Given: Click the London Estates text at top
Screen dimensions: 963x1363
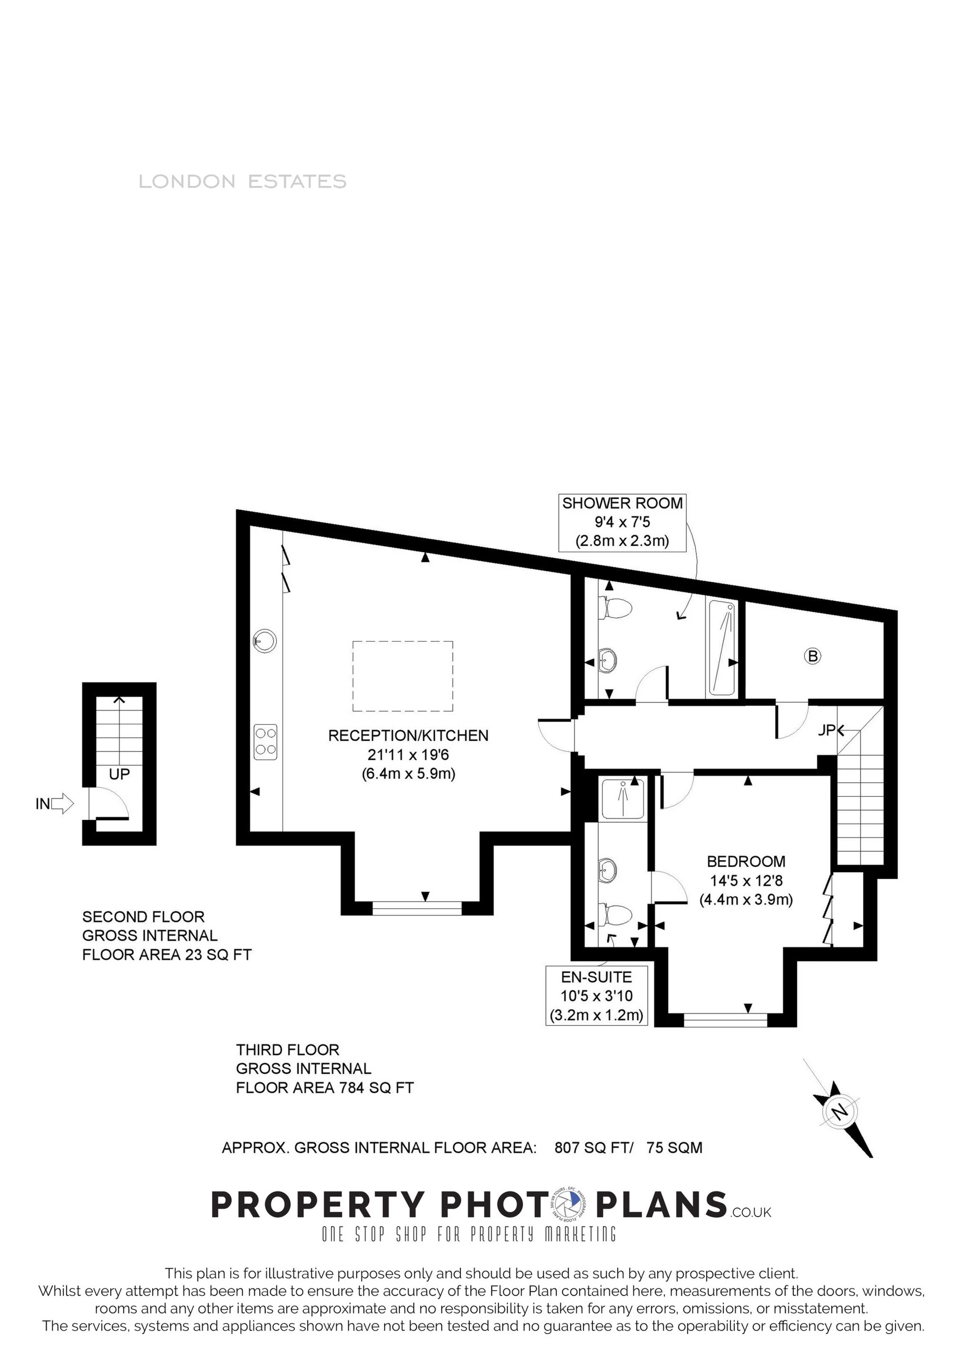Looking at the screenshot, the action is tap(242, 181).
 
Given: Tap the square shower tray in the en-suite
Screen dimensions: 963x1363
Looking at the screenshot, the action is tap(623, 799).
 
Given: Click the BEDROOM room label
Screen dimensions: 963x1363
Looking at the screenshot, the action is tap(746, 861).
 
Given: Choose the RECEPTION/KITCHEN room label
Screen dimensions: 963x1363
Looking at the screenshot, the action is tap(409, 736).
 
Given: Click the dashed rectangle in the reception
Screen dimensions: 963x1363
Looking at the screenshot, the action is tap(402, 676).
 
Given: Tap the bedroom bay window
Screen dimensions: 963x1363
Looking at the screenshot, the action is tap(726, 1020).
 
